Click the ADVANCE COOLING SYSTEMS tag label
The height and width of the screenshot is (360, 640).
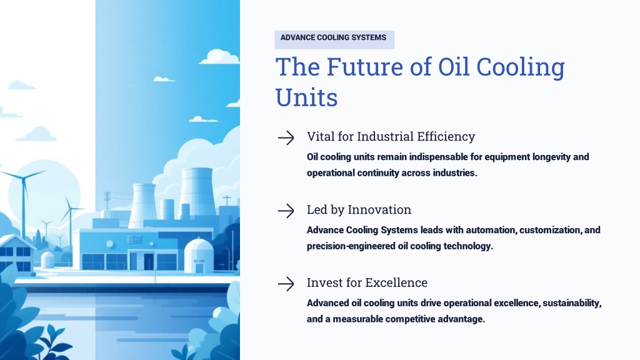tap(333, 37)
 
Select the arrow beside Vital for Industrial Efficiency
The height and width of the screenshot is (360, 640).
tap(286, 138)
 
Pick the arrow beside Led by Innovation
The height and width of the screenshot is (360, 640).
tap(286, 211)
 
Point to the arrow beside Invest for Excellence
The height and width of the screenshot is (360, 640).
tap(286, 284)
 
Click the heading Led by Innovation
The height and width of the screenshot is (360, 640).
tap(359, 209)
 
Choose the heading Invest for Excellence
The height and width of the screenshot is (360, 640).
tap(367, 282)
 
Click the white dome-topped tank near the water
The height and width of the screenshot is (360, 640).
tap(199, 256)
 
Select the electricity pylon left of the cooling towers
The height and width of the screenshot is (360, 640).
tap(107, 201)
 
